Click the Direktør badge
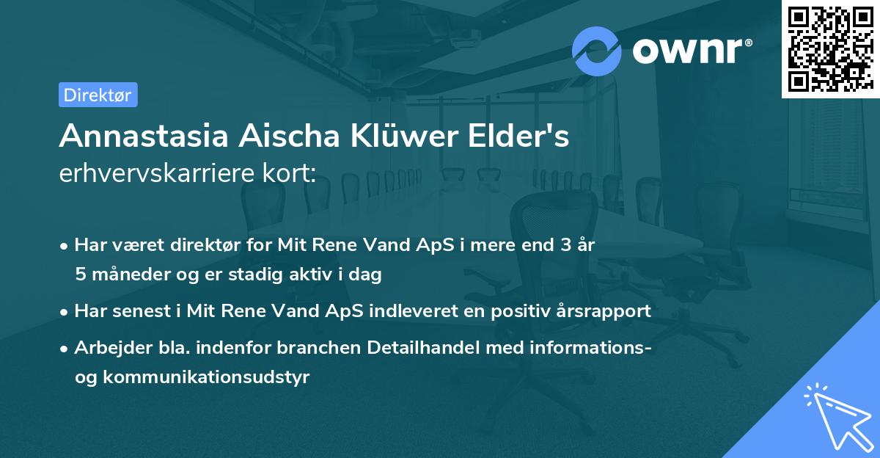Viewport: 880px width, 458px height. tap(98, 95)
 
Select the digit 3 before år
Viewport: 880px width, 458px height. tap(566, 246)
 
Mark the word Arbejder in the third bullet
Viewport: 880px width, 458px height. tap(108, 348)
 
